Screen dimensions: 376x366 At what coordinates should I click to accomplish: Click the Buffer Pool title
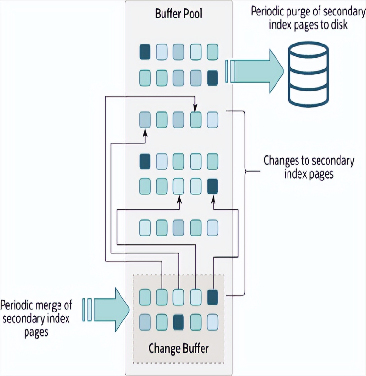point(179,14)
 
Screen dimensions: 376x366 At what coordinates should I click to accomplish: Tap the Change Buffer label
point(178,348)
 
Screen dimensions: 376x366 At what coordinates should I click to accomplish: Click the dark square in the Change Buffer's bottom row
point(179,322)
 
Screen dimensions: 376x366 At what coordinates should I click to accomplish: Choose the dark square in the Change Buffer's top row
point(212,298)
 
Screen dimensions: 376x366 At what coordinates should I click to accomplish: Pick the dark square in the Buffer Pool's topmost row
point(145,52)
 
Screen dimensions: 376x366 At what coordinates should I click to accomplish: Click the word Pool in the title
point(193,14)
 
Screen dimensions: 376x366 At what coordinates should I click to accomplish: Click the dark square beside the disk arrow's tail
point(212,78)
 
